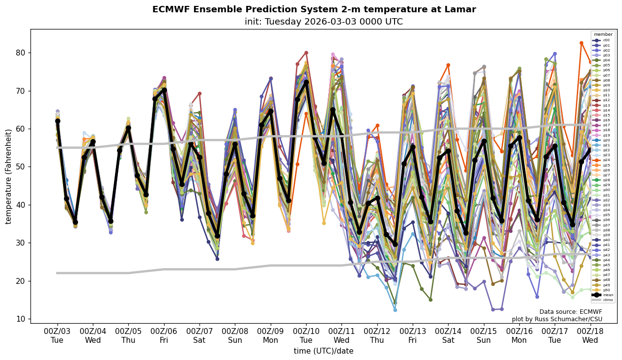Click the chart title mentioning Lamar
tap(314, 9)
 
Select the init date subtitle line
tap(324, 22)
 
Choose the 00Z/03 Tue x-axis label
tap(57, 336)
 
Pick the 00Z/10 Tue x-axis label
tap(306, 336)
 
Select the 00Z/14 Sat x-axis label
tap(448, 336)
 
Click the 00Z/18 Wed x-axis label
tap(590, 336)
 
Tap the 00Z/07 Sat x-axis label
tap(199, 336)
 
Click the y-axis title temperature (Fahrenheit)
tap(9, 176)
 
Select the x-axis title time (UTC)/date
tap(323, 351)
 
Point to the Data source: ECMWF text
tap(570, 312)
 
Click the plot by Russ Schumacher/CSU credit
tap(557, 319)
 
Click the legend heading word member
tap(603, 34)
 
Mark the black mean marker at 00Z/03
tap(57, 121)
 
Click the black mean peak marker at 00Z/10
tap(306, 83)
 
